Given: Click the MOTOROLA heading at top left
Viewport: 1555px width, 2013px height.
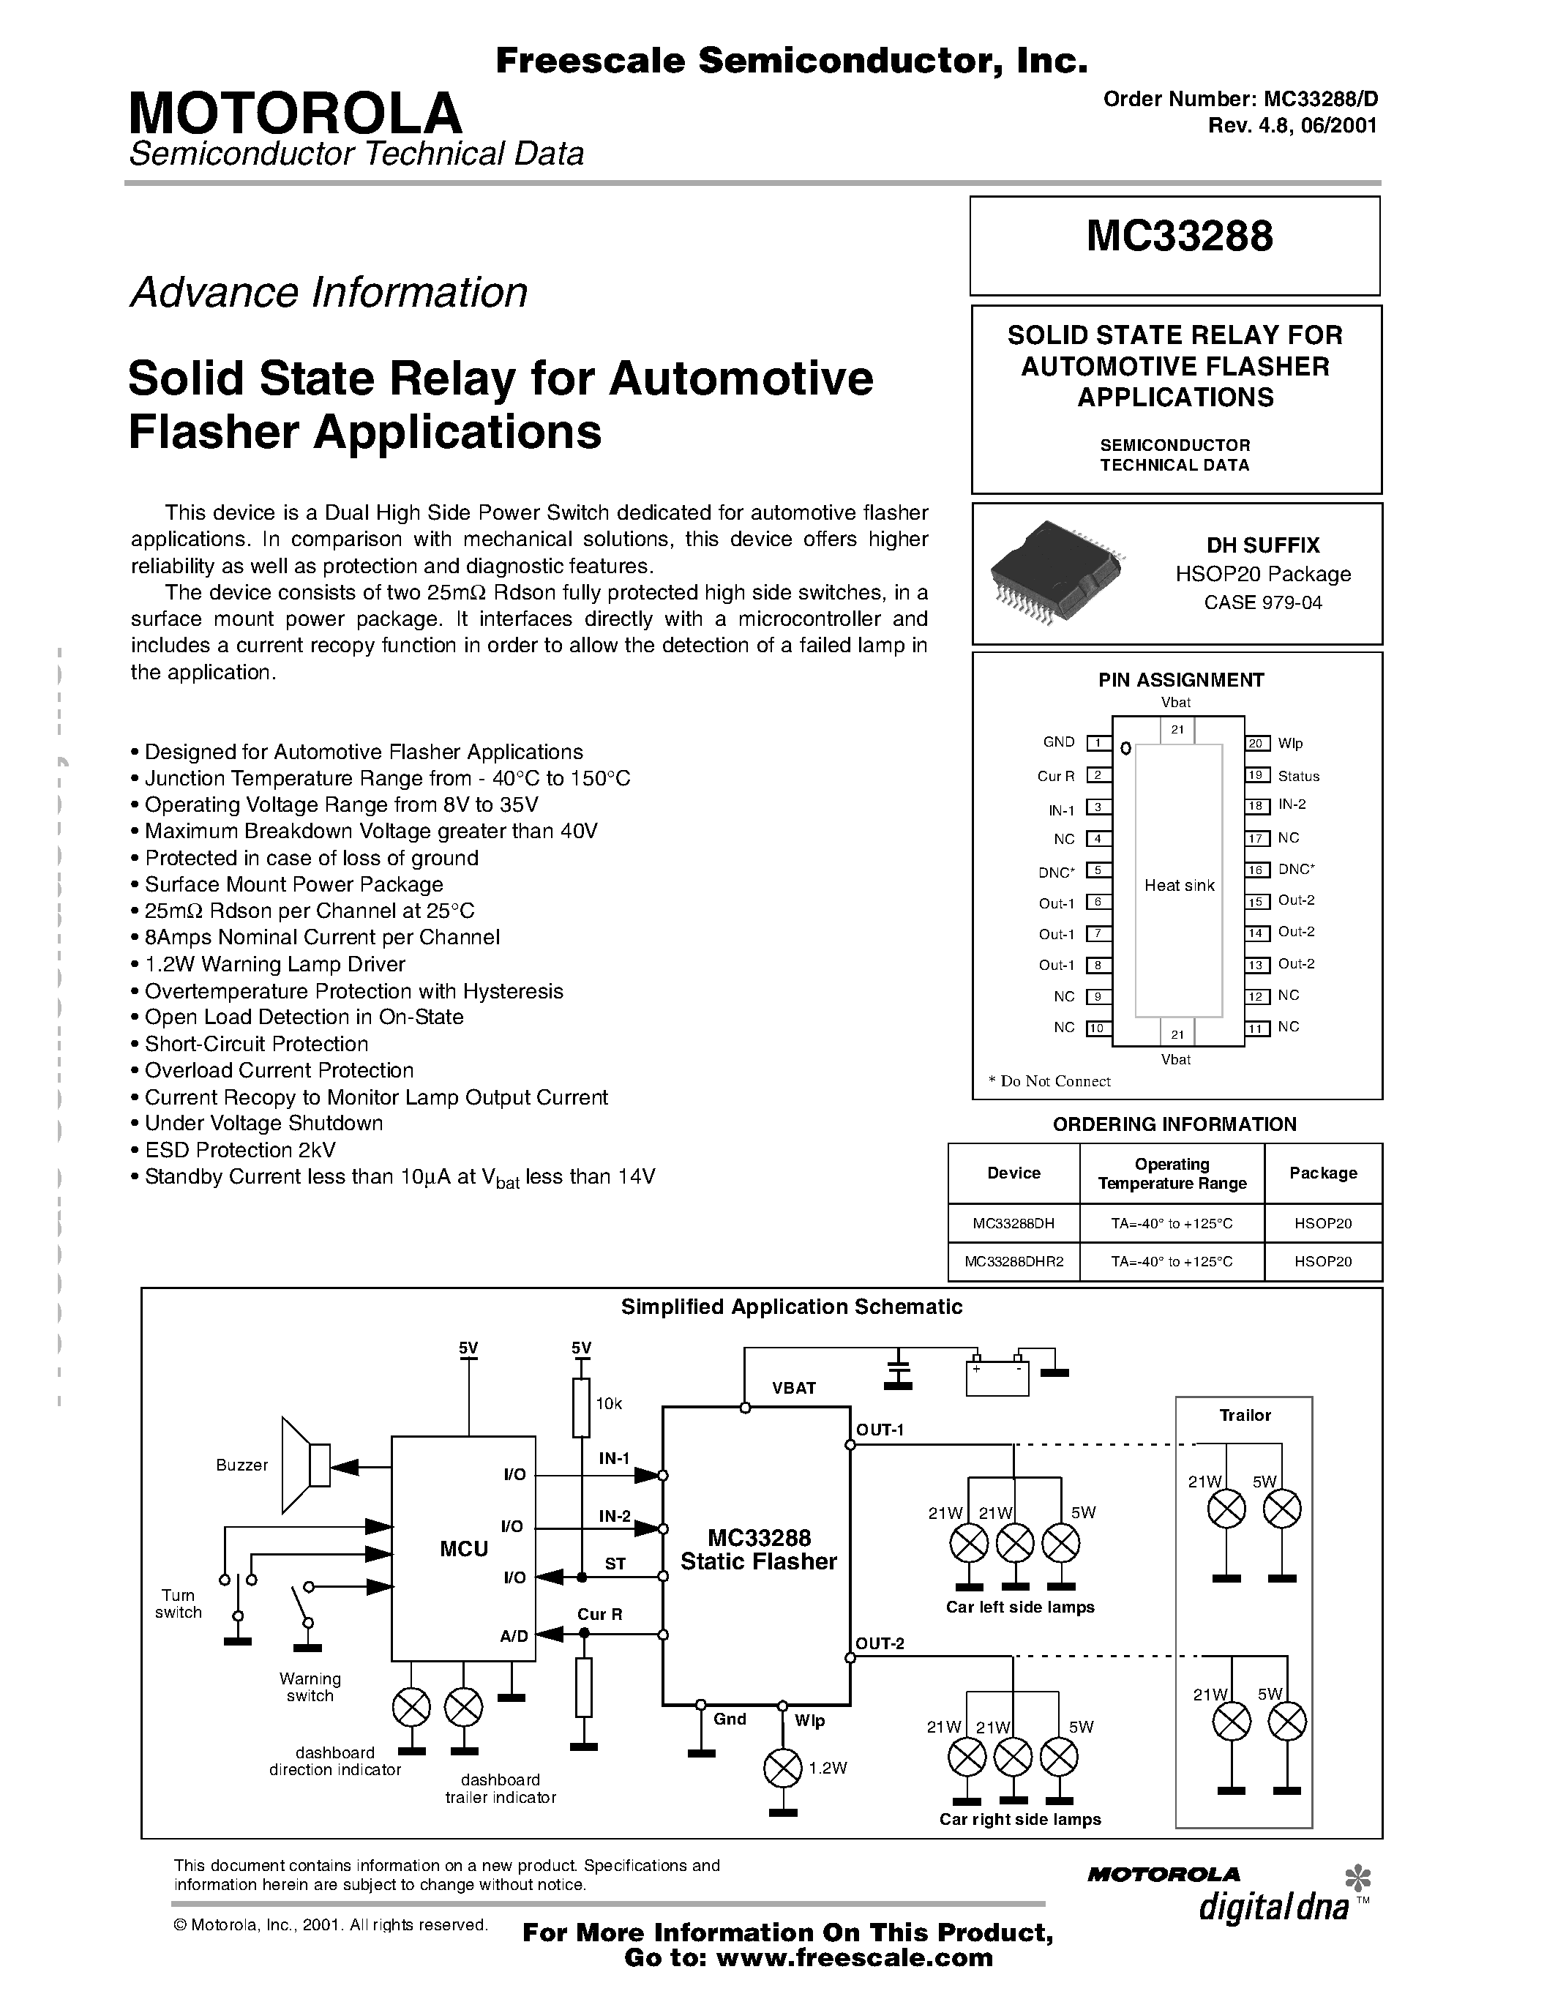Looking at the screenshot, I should [295, 113].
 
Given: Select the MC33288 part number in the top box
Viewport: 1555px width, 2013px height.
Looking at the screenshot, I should [1178, 236].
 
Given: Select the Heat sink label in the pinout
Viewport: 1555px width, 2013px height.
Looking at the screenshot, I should [1179, 886].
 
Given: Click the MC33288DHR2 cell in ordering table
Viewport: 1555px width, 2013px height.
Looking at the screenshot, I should [1013, 1261].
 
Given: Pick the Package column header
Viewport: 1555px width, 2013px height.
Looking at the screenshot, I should [1323, 1173].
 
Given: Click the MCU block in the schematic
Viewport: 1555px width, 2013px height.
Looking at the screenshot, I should [463, 1548].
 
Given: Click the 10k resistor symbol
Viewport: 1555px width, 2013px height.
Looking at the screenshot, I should [581, 1408].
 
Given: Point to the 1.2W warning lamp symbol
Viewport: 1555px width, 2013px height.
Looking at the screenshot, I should [783, 1767].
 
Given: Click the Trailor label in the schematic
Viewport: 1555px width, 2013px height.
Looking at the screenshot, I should [1245, 1415].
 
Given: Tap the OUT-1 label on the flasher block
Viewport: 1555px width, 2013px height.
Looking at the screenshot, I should [880, 1430].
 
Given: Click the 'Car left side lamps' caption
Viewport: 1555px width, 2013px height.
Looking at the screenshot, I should [1020, 1607].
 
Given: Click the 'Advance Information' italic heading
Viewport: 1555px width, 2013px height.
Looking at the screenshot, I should [329, 293].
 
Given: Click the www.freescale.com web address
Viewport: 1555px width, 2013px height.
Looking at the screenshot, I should [854, 1959].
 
